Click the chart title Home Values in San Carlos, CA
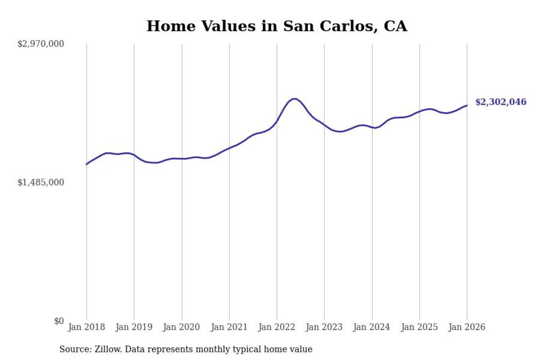coord(277,26)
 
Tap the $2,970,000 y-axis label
coord(40,44)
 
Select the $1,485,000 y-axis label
coord(40,182)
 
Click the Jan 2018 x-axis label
coord(86,327)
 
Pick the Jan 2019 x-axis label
coord(134,327)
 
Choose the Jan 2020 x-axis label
coord(182,327)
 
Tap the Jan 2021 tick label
coord(229,327)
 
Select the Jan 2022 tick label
coord(277,327)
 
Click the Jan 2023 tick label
coord(324,327)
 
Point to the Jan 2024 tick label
coord(372,327)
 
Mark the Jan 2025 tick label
coord(420,327)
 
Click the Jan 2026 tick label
coord(467,327)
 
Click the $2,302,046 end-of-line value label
coord(501,102)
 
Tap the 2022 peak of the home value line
coord(294,99)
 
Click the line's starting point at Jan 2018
coord(86,164)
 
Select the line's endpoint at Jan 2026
coord(467,106)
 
